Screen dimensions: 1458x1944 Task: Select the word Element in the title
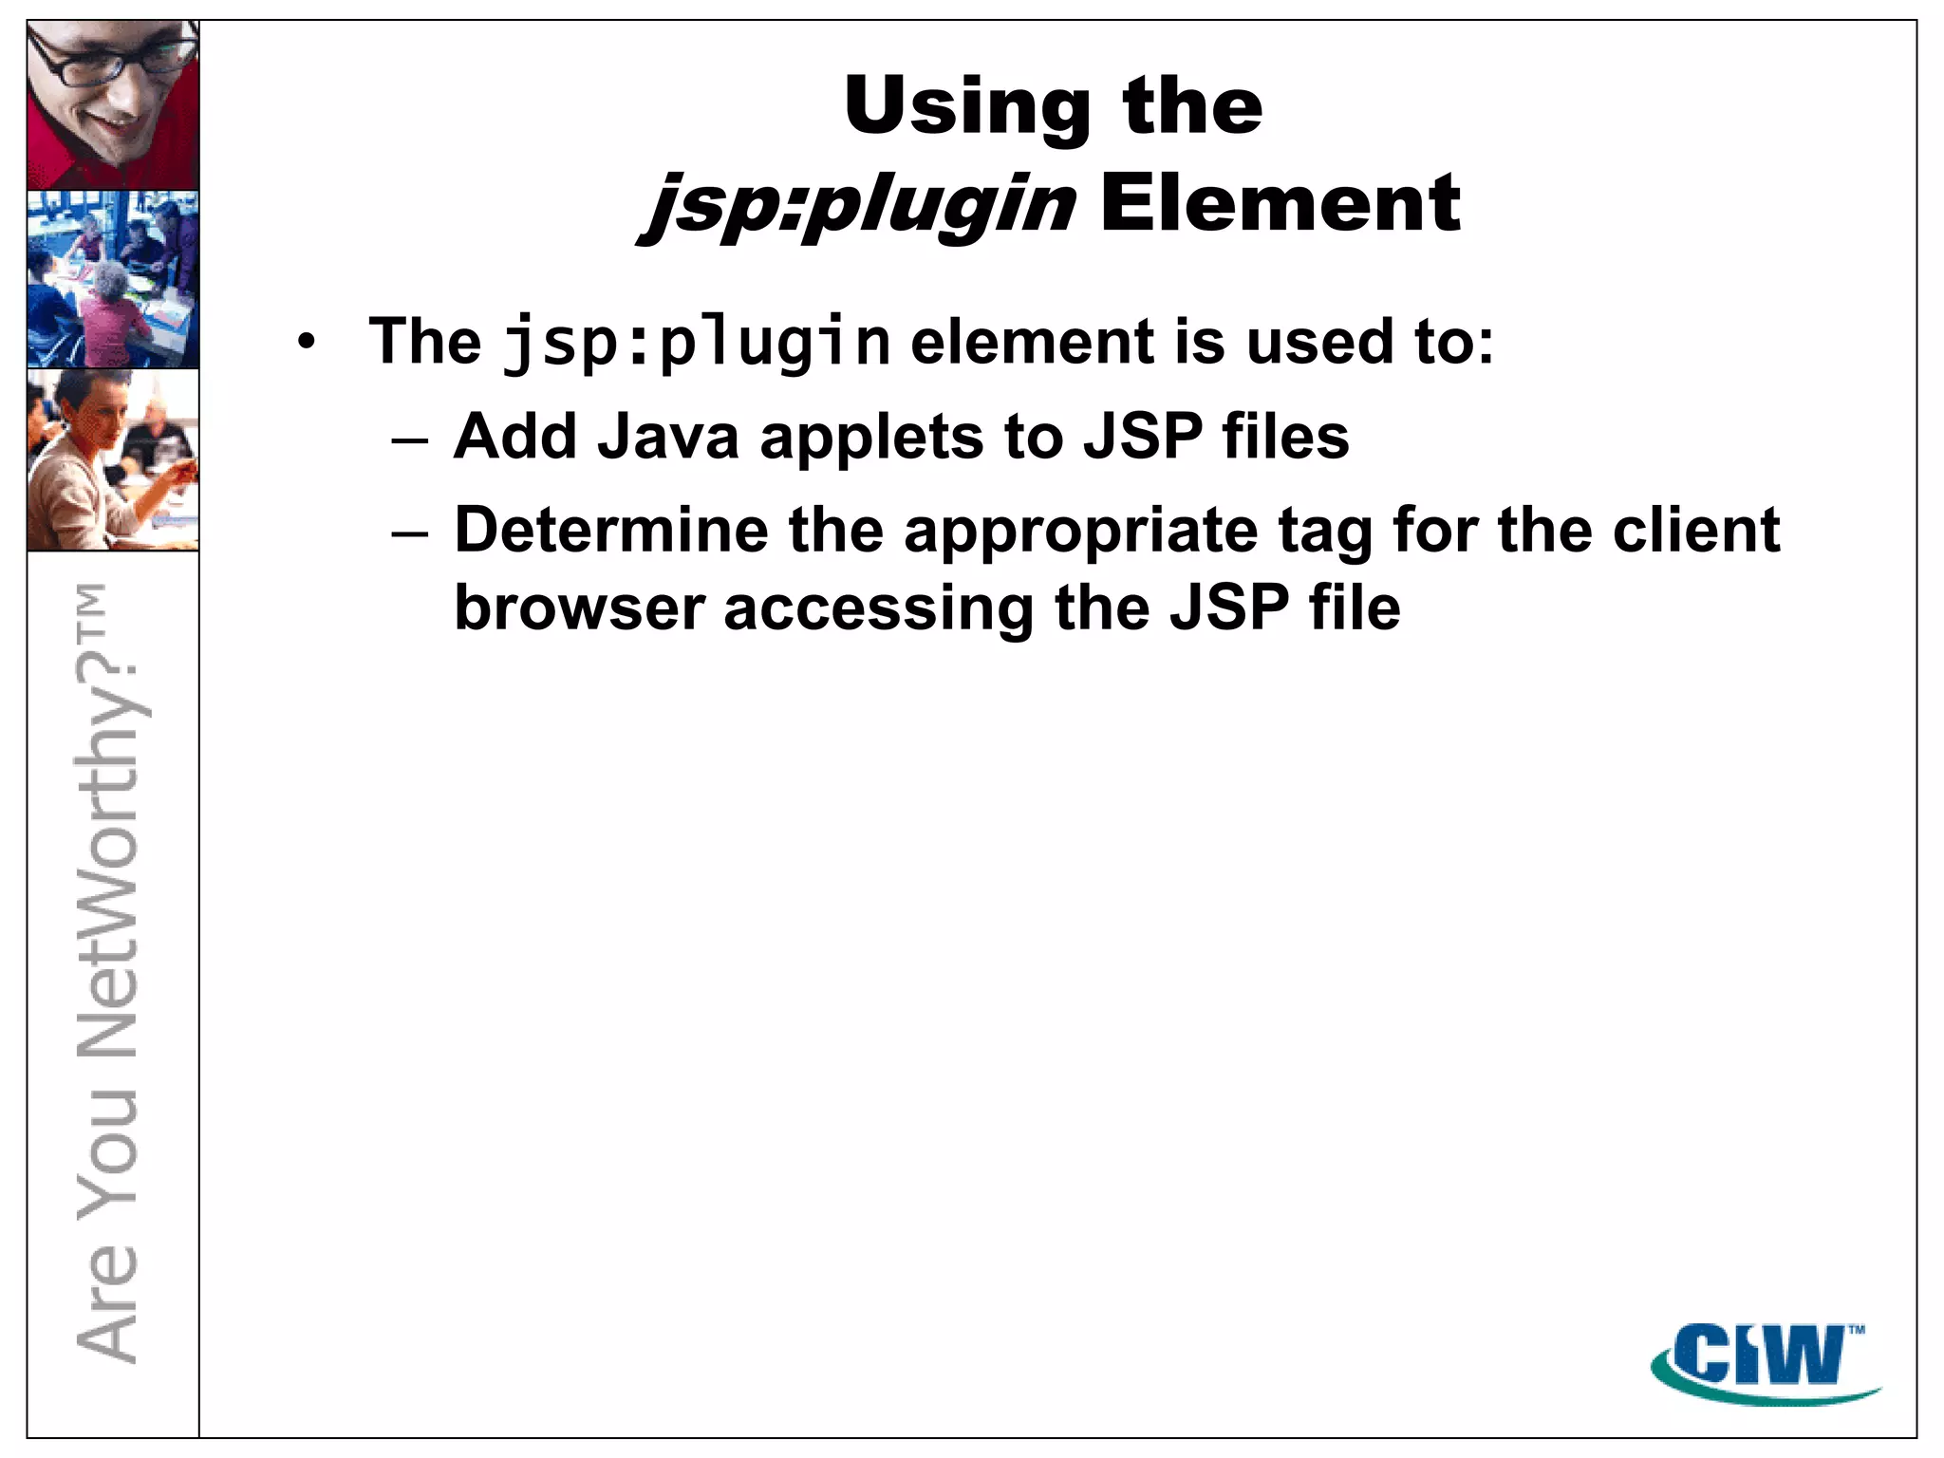point(1279,203)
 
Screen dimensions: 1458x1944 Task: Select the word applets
point(871,439)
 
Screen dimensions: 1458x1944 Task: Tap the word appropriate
point(1080,532)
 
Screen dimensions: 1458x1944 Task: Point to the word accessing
point(878,609)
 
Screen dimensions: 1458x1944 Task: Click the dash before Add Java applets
point(410,439)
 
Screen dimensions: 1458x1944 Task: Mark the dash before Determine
point(410,533)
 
